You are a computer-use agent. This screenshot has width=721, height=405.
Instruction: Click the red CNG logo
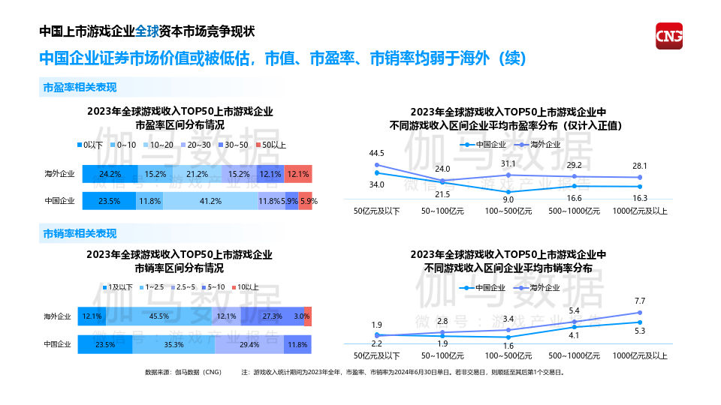669,36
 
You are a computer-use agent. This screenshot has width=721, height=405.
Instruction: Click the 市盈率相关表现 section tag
80,88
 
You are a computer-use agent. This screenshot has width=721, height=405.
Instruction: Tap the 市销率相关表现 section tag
80,234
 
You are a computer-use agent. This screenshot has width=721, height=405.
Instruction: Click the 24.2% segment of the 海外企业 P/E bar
110,174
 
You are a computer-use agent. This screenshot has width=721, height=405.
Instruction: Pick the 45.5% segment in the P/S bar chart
158,316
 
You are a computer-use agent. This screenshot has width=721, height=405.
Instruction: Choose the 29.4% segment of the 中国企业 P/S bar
249,344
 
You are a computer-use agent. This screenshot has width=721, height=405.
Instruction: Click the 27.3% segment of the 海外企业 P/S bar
272,316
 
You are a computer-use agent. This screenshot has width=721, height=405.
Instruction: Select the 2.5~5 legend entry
184,287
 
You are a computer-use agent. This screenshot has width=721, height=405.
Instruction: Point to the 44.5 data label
376,154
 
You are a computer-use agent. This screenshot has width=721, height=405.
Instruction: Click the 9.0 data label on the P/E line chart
508,199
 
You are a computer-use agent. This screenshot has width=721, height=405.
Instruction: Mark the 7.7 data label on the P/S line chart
640,301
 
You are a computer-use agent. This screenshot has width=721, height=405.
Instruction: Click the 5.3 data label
640,331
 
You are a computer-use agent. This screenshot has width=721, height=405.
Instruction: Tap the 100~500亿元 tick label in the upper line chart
508,211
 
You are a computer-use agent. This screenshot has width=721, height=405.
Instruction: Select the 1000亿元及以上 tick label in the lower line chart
640,355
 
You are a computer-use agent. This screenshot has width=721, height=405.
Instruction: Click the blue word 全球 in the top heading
147,31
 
